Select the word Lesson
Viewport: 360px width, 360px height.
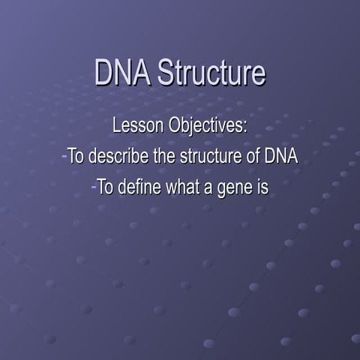coord(136,126)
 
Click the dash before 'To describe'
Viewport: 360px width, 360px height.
coord(64,157)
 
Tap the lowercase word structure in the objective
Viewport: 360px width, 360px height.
coord(202,157)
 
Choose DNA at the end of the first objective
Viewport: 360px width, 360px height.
coord(279,157)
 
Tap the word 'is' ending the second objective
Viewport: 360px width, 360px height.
coord(262,187)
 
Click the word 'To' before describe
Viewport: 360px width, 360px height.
coord(76,157)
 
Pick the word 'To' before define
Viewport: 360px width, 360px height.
coord(105,187)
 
